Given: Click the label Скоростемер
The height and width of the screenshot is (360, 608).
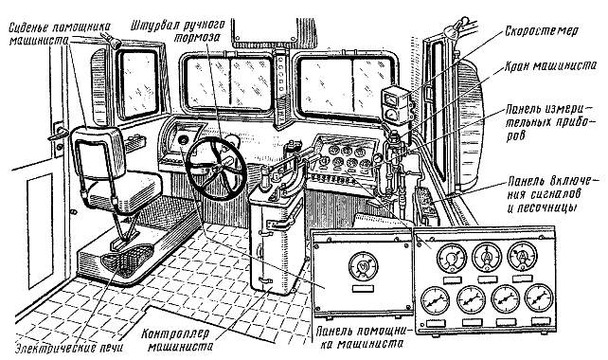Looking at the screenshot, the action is click(x=542, y=31).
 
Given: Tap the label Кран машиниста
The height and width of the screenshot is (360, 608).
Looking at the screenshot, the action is click(x=550, y=66).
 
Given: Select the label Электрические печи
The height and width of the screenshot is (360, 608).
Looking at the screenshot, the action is click(x=69, y=347).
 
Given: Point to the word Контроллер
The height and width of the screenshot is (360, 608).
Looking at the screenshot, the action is click(x=175, y=333).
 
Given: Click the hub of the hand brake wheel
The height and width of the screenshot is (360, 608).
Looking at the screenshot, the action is click(x=215, y=168).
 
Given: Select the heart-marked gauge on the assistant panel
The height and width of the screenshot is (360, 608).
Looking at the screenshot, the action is click(x=362, y=266).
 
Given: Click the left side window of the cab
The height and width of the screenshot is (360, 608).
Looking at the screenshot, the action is click(x=138, y=82).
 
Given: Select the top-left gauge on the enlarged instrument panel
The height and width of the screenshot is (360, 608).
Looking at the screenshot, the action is click(x=452, y=258).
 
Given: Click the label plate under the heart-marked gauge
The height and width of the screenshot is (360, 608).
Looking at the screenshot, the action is click(x=362, y=288).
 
